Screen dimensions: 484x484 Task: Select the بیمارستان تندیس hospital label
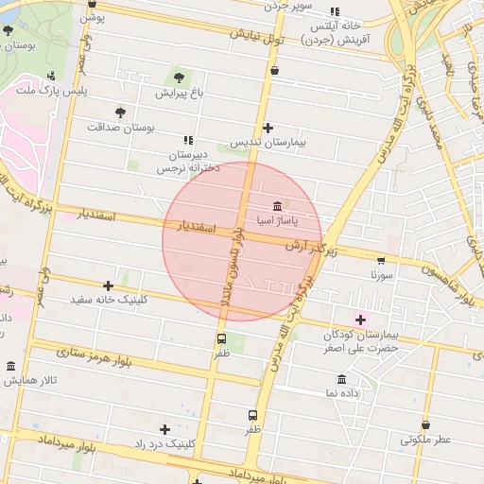pyautogui.click(x=268, y=144)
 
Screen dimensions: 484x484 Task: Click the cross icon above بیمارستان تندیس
pyautogui.click(x=268, y=128)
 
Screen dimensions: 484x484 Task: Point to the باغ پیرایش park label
pyautogui.click(x=179, y=93)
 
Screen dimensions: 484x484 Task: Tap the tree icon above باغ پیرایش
pyautogui.click(x=179, y=77)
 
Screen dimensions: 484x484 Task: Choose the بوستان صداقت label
pyautogui.click(x=119, y=126)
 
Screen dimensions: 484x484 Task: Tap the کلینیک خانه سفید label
pyautogui.click(x=109, y=300)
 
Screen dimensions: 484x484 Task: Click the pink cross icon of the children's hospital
pyautogui.click(x=359, y=320)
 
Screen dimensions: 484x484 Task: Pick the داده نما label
pyautogui.click(x=342, y=391)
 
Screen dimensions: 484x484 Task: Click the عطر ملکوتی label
pyautogui.click(x=425, y=440)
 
